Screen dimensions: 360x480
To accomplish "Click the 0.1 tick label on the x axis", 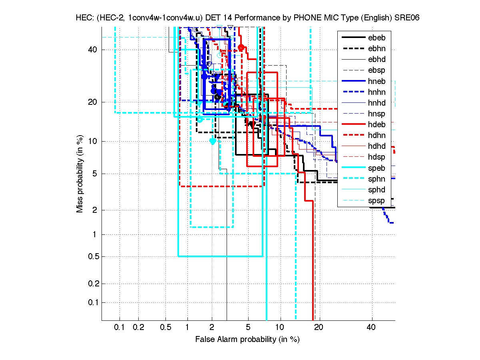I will coord(120,328).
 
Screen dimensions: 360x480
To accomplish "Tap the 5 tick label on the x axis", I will coord(248,328).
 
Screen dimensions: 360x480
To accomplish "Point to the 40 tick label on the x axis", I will coord(371,328).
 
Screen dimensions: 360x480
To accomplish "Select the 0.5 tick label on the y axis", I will coord(93,256).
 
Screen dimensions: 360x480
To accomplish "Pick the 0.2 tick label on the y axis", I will coord(93,284).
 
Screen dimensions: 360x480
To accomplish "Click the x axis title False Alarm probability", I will coord(247,340).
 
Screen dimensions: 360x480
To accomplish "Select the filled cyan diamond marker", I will coord(213,141).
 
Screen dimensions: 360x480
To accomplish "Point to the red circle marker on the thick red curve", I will coord(241,48).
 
